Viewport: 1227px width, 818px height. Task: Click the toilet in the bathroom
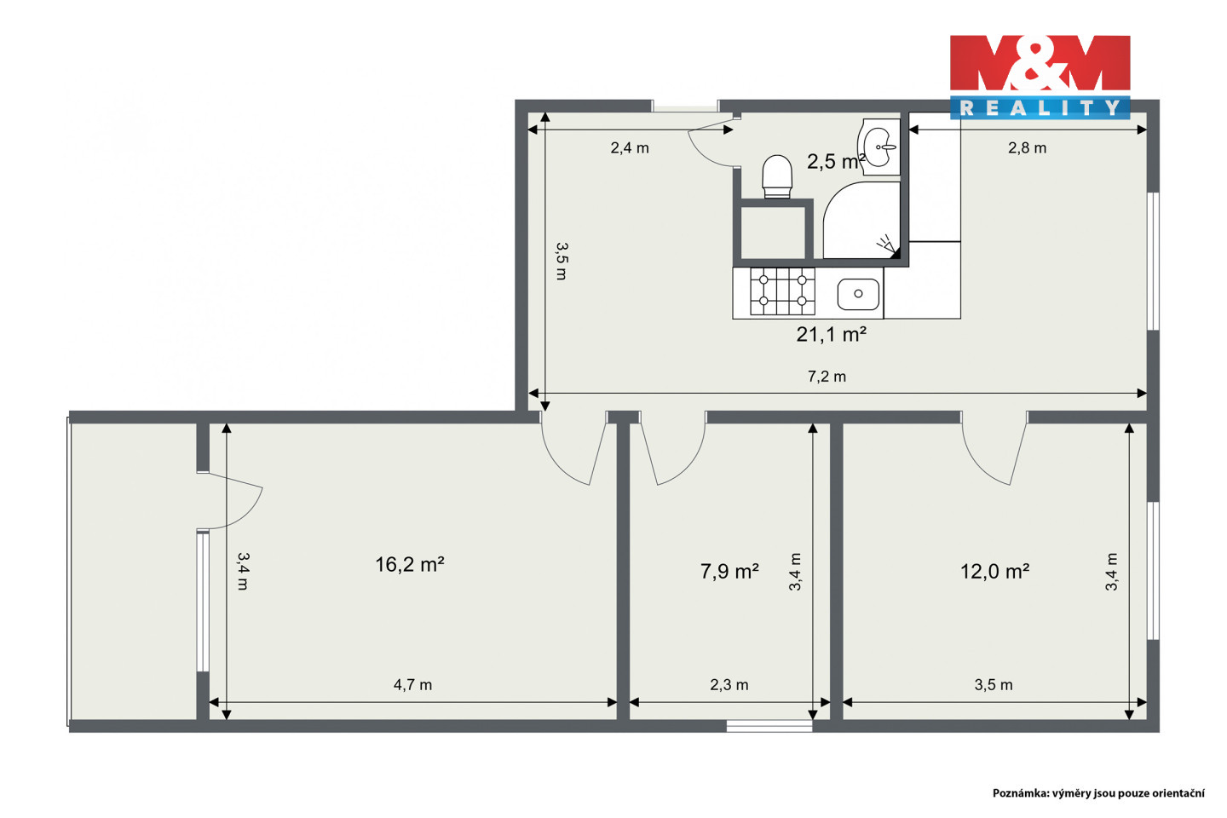pyautogui.click(x=777, y=176)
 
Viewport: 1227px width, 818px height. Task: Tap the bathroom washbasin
pyautogui.click(x=879, y=147)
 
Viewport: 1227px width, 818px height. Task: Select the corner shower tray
pyautogui.click(x=861, y=220)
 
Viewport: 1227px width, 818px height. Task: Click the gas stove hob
pyautogui.click(x=782, y=291)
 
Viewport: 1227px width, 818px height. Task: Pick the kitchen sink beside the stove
pyautogui.click(x=858, y=294)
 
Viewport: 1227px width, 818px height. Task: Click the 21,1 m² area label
pyautogui.click(x=831, y=334)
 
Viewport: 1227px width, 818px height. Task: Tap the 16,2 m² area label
pyautogui.click(x=409, y=564)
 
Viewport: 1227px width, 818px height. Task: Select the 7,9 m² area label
pyautogui.click(x=729, y=572)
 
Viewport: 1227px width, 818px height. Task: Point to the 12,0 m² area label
pyautogui.click(x=994, y=572)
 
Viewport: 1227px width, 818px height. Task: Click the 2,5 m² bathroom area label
pyautogui.click(x=837, y=161)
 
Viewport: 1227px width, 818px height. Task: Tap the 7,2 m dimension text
pyautogui.click(x=827, y=377)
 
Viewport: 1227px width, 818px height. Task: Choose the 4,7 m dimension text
pyautogui.click(x=412, y=685)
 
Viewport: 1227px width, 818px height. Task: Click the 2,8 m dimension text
pyautogui.click(x=1027, y=148)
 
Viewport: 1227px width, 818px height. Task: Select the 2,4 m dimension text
pyautogui.click(x=630, y=148)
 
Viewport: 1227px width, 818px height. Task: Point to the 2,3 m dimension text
pyautogui.click(x=729, y=685)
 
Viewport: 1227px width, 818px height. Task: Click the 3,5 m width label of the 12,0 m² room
pyautogui.click(x=994, y=685)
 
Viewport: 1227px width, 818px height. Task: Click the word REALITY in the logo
pyautogui.click(x=1040, y=108)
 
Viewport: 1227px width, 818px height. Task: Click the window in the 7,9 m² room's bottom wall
pyautogui.click(x=769, y=726)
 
